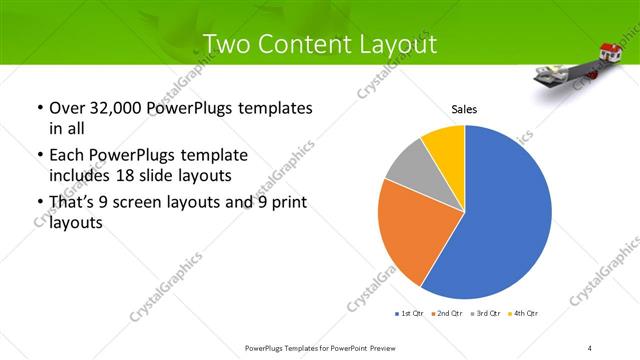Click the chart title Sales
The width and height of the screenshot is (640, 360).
(x=464, y=109)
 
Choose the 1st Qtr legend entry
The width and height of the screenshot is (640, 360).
(x=408, y=314)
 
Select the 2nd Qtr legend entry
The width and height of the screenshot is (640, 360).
(x=443, y=314)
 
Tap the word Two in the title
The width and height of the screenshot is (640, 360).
(x=226, y=43)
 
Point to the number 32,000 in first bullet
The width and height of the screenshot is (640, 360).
(x=118, y=107)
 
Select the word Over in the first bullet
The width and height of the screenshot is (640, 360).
(x=67, y=107)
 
